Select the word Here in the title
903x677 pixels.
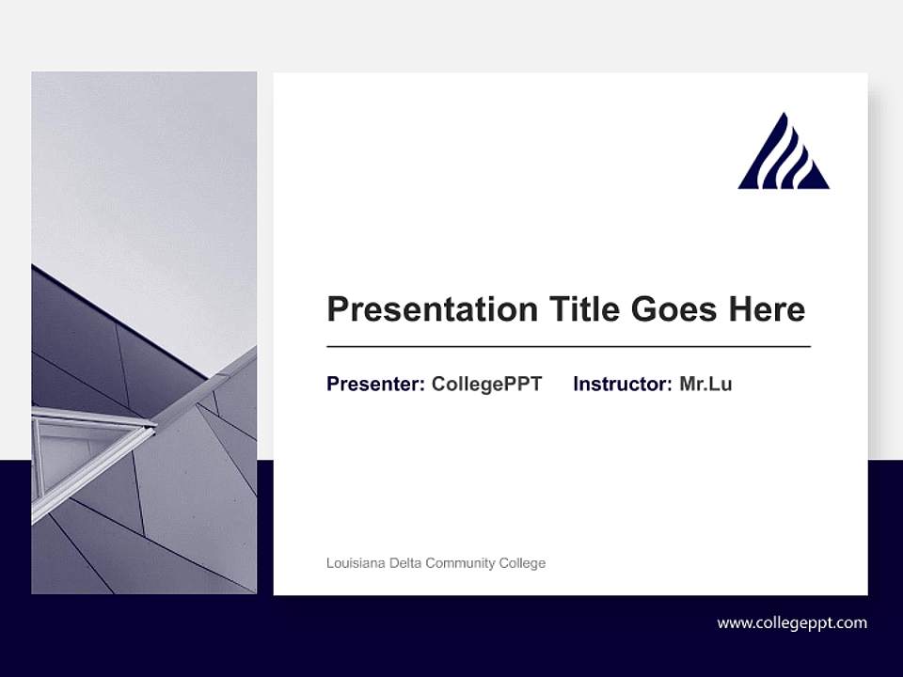click(x=766, y=309)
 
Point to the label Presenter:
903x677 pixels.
click(x=375, y=384)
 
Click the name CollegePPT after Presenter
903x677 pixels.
click(x=486, y=384)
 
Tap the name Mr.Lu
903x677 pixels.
click(x=705, y=384)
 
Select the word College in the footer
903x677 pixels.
click(x=523, y=563)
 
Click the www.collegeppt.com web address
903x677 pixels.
click(x=792, y=622)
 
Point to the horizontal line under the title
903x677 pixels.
click(x=568, y=347)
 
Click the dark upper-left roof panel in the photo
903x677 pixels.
click(x=75, y=329)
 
